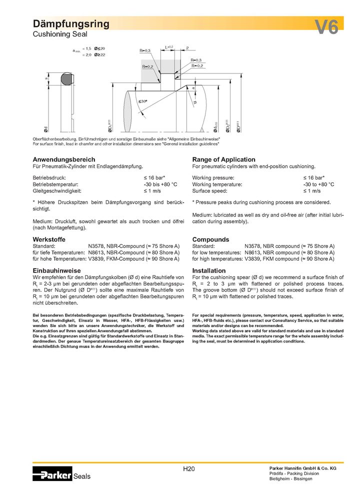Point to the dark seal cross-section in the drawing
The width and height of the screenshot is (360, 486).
[x=65, y=79]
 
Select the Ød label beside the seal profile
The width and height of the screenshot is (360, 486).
[x=46, y=128]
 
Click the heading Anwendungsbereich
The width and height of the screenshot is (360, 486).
[x=64, y=159]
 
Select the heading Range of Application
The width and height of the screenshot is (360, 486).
[x=223, y=159]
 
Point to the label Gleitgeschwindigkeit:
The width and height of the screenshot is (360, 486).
[x=57, y=190]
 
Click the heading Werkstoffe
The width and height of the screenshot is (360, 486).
[x=48, y=239]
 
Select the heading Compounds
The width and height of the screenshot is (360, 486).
[x=210, y=239]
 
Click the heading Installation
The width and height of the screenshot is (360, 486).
[x=209, y=270]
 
